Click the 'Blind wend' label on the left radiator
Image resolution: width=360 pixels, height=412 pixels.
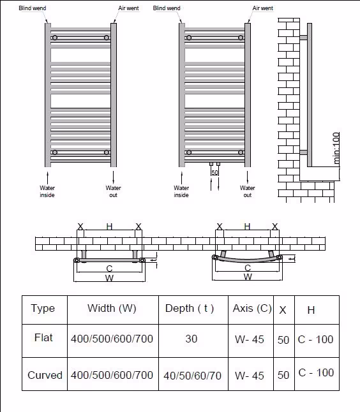pyautogui.click(x=33, y=8)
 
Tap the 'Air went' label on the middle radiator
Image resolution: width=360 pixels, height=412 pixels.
pyautogui.click(x=263, y=8)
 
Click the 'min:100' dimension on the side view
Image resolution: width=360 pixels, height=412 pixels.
pyautogui.click(x=336, y=148)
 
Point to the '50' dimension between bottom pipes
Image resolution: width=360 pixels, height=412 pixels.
pyautogui.click(x=214, y=172)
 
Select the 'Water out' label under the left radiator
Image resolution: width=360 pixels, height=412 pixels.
pyautogui.click(x=114, y=191)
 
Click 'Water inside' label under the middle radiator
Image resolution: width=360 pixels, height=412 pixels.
pyautogui.click(x=181, y=191)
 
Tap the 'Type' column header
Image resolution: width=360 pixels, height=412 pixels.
pyautogui.click(x=43, y=309)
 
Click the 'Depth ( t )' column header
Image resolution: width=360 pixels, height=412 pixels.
pyautogui.click(x=190, y=308)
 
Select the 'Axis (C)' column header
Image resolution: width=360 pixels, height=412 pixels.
pyautogui.click(x=252, y=308)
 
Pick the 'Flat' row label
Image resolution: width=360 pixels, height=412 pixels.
pyautogui.click(x=43, y=337)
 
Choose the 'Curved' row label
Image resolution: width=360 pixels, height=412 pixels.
pyautogui.click(x=45, y=375)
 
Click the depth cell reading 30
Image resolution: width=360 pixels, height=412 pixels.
pyautogui.click(x=191, y=339)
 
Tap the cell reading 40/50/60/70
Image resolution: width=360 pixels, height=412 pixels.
pyautogui.click(x=193, y=376)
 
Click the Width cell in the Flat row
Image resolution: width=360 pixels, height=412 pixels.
pyautogui.click(x=112, y=339)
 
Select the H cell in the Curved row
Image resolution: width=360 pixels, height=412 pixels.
pyautogui.click(x=316, y=372)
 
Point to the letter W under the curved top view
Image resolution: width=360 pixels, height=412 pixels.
pyautogui.click(x=248, y=277)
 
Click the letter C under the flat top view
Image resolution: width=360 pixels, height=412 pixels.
pyautogui.click(x=109, y=269)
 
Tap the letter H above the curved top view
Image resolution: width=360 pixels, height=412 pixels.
pyautogui.click(x=247, y=226)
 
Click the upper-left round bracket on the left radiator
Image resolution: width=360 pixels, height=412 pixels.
pyautogui.click(x=55, y=38)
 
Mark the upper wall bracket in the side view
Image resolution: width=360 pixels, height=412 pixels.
pyautogui.click(x=303, y=38)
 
